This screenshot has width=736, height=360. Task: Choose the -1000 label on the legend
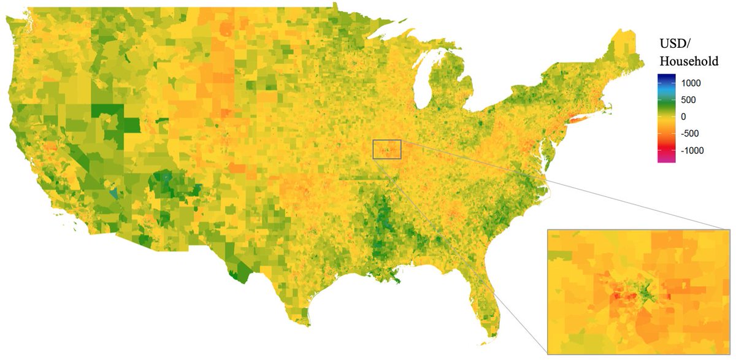(x=689, y=151)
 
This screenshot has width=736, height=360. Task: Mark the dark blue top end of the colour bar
(x=666, y=77)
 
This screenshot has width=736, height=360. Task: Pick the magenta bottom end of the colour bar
(x=666, y=160)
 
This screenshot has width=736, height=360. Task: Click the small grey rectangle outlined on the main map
(x=387, y=149)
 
